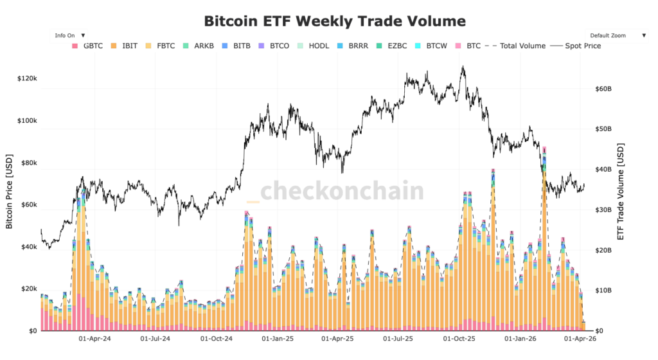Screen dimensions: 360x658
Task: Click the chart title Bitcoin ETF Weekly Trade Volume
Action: coord(334,21)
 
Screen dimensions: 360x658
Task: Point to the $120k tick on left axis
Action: coord(27,78)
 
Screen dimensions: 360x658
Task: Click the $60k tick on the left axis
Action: coord(29,205)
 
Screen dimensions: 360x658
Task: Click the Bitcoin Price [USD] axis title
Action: coord(9,192)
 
